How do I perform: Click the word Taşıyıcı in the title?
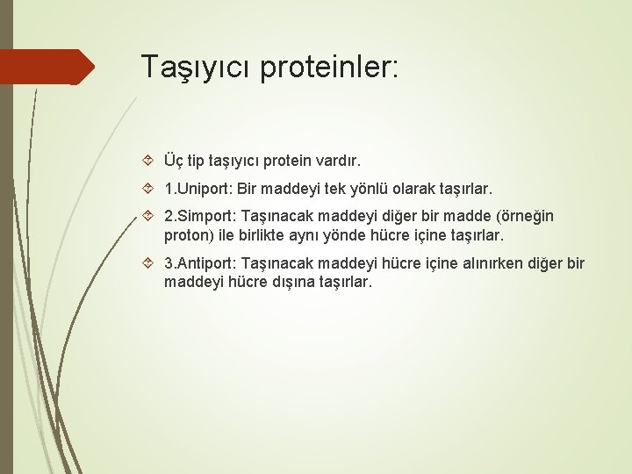tap(196, 67)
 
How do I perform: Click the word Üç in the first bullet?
tap(174, 162)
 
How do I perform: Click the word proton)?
tap(189, 234)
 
